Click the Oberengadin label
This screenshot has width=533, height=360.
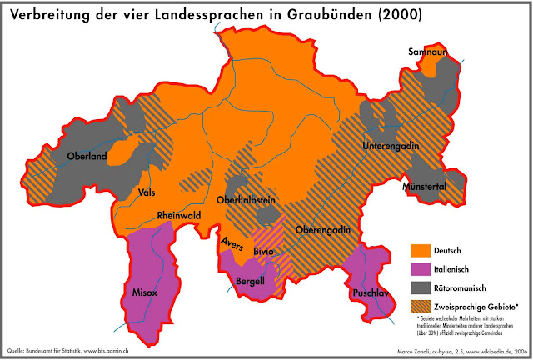click(x=321, y=230)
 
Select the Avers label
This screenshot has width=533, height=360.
click(x=231, y=242)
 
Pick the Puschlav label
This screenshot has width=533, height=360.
click(x=373, y=292)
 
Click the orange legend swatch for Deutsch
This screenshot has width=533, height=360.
click(x=421, y=250)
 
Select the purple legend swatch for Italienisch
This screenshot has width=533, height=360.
click(x=421, y=268)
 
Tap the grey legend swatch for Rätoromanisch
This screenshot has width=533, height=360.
click(x=421, y=287)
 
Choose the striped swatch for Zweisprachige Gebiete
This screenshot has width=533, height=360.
click(x=421, y=306)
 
